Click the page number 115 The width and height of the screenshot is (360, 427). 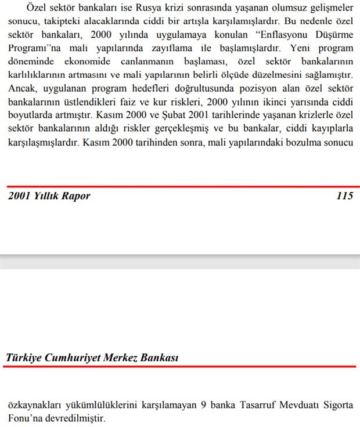tap(344, 196)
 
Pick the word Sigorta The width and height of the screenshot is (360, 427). tap(337, 404)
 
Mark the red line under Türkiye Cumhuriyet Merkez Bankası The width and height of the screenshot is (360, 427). tap(180, 367)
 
